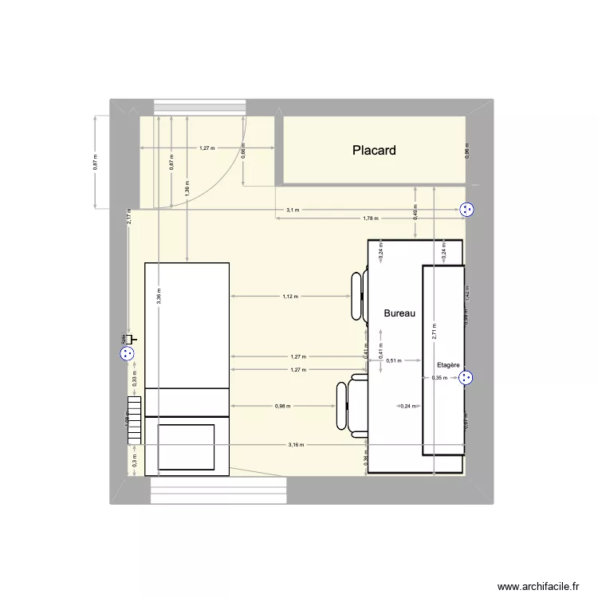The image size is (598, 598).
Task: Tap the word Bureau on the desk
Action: coord(399,313)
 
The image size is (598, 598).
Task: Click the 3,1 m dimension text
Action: coord(293,210)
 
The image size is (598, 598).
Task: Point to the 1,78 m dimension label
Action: coord(370,218)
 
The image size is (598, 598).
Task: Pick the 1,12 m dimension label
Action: coord(289,296)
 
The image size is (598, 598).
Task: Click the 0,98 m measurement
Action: coord(283,406)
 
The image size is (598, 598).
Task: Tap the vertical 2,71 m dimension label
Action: coord(435,331)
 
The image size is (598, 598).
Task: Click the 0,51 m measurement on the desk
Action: coord(392,360)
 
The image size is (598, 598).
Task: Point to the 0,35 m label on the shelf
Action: coord(439,378)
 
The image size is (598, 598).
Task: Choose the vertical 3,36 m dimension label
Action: coord(159,296)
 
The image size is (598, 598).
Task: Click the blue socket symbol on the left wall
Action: coord(126,355)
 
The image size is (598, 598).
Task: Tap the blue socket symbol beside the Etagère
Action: coord(467,378)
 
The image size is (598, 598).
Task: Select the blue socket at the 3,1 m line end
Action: coord(467,210)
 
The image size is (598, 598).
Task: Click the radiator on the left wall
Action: coord(135,420)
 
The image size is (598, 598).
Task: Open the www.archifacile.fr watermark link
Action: coord(538,586)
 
